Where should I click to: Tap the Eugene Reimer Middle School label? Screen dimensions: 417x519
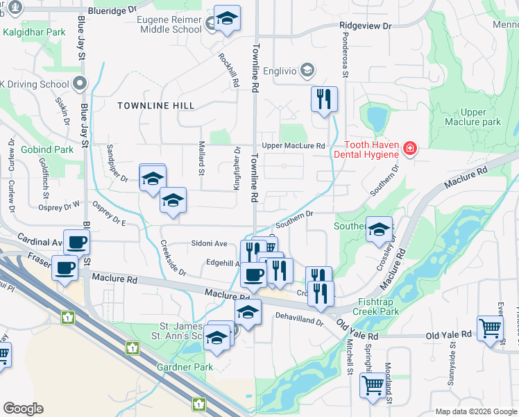click(x=171, y=25)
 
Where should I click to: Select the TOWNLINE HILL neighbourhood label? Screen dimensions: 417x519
click(x=155, y=106)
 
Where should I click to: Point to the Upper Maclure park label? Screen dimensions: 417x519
click(x=482, y=117)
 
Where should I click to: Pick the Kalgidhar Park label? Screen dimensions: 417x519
click(x=33, y=32)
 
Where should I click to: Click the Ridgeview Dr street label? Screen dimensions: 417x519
click(x=366, y=25)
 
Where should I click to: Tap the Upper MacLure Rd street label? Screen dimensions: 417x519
click(x=293, y=146)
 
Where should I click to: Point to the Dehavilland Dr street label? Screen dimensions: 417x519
click(x=300, y=322)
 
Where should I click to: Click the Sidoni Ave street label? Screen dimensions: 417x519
click(x=210, y=244)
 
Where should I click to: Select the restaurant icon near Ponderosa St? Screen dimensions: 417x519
click(x=324, y=99)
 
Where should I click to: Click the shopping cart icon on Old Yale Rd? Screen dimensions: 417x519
click(x=490, y=327)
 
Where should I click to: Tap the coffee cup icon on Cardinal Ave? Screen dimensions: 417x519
click(x=77, y=242)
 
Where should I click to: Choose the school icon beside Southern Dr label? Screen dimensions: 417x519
click(x=379, y=230)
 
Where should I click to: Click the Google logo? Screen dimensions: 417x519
click(x=23, y=409)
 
